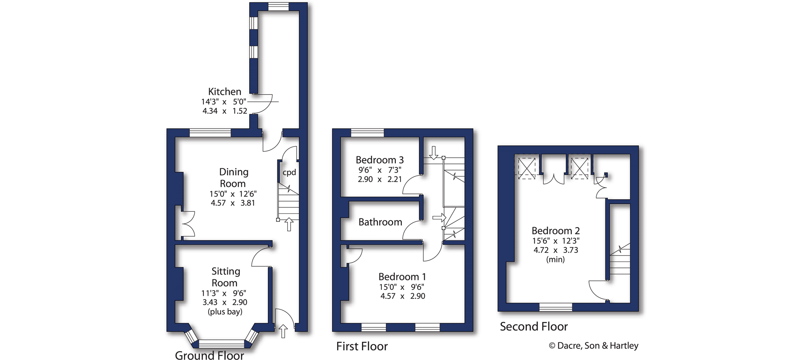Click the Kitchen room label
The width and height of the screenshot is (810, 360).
(224, 91)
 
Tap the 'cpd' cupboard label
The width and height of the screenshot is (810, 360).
(289, 173)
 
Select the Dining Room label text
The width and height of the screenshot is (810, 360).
(233, 178)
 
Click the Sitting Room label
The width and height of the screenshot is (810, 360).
(226, 277)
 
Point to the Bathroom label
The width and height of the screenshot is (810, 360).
(380, 222)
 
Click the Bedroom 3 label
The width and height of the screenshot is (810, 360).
(379, 160)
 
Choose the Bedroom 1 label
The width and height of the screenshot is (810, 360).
(402, 277)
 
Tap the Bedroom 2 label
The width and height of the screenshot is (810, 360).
(555, 231)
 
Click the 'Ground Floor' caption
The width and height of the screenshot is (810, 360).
(209, 355)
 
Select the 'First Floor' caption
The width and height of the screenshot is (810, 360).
(362, 346)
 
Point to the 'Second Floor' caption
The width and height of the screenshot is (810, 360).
(534, 326)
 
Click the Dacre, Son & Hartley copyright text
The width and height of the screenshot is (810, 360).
(594, 346)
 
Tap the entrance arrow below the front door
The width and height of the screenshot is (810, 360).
(283, 331)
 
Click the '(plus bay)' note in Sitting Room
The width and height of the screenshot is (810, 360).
(225, 312)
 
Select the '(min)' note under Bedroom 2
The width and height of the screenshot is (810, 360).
(555, 259)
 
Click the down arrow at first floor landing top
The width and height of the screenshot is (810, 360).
(434, 153)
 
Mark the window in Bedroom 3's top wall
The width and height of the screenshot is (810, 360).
(367, 133)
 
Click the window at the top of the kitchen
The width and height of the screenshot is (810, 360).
(279, 6)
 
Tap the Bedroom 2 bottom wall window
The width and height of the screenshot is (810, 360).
(556, 307)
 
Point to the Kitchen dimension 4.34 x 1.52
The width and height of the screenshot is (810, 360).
(225, 111)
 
